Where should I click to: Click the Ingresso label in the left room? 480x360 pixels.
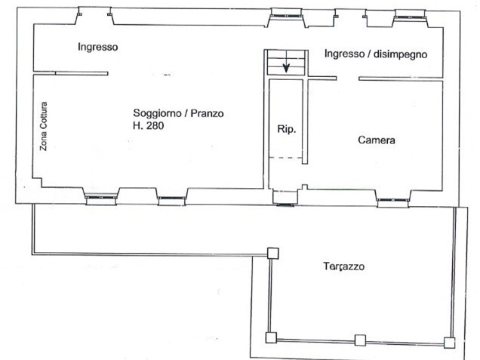(x=98, y=47)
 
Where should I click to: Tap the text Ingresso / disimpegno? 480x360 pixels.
(x=376, y=54)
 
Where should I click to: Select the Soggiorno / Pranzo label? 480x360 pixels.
(x=178, y=114)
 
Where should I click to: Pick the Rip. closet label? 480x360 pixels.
(x=286, y=129)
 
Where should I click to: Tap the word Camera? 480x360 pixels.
(x=377, y=140)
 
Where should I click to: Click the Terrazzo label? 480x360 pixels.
(x=345, y=266)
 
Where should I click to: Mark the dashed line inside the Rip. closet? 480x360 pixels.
(x=286, y=157)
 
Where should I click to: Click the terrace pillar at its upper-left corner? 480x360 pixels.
(x=272, y=254)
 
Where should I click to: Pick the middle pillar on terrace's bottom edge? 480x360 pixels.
(x=361, y=340)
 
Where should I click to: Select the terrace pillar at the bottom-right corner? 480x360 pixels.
(x=450, y=343)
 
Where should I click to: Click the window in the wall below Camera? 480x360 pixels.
(x=393, y=200)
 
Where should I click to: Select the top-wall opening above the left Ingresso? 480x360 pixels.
(x=95, y=13)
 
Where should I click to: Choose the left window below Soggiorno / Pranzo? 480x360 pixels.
(x=100, y=198)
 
